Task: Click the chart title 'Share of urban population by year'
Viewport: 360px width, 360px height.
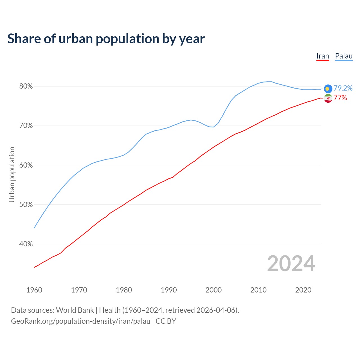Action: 106,39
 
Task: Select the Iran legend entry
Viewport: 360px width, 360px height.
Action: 323,56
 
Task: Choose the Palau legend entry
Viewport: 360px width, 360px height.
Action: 344,56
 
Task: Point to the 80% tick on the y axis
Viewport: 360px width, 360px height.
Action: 26,86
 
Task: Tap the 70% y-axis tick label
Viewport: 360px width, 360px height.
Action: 26,126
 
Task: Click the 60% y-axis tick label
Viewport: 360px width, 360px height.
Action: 26,165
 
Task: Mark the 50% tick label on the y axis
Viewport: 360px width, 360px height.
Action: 26,205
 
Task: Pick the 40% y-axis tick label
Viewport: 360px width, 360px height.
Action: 26,244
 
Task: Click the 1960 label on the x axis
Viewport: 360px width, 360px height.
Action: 34,290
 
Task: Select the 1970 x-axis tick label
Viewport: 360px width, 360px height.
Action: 79,290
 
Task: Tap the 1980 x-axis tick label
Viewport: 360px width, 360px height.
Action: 124,290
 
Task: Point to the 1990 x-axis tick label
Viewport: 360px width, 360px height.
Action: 169,290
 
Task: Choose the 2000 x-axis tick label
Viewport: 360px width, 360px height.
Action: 213,290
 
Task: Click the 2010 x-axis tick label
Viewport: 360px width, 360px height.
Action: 258,290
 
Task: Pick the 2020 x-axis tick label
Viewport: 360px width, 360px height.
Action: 303,290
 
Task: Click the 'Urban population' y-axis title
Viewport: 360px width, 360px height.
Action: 12,174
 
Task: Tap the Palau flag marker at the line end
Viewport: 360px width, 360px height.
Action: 328,89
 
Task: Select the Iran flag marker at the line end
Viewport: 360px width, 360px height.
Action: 328,98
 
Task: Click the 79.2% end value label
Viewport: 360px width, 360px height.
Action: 343,88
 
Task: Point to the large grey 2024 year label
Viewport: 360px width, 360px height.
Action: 291,264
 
